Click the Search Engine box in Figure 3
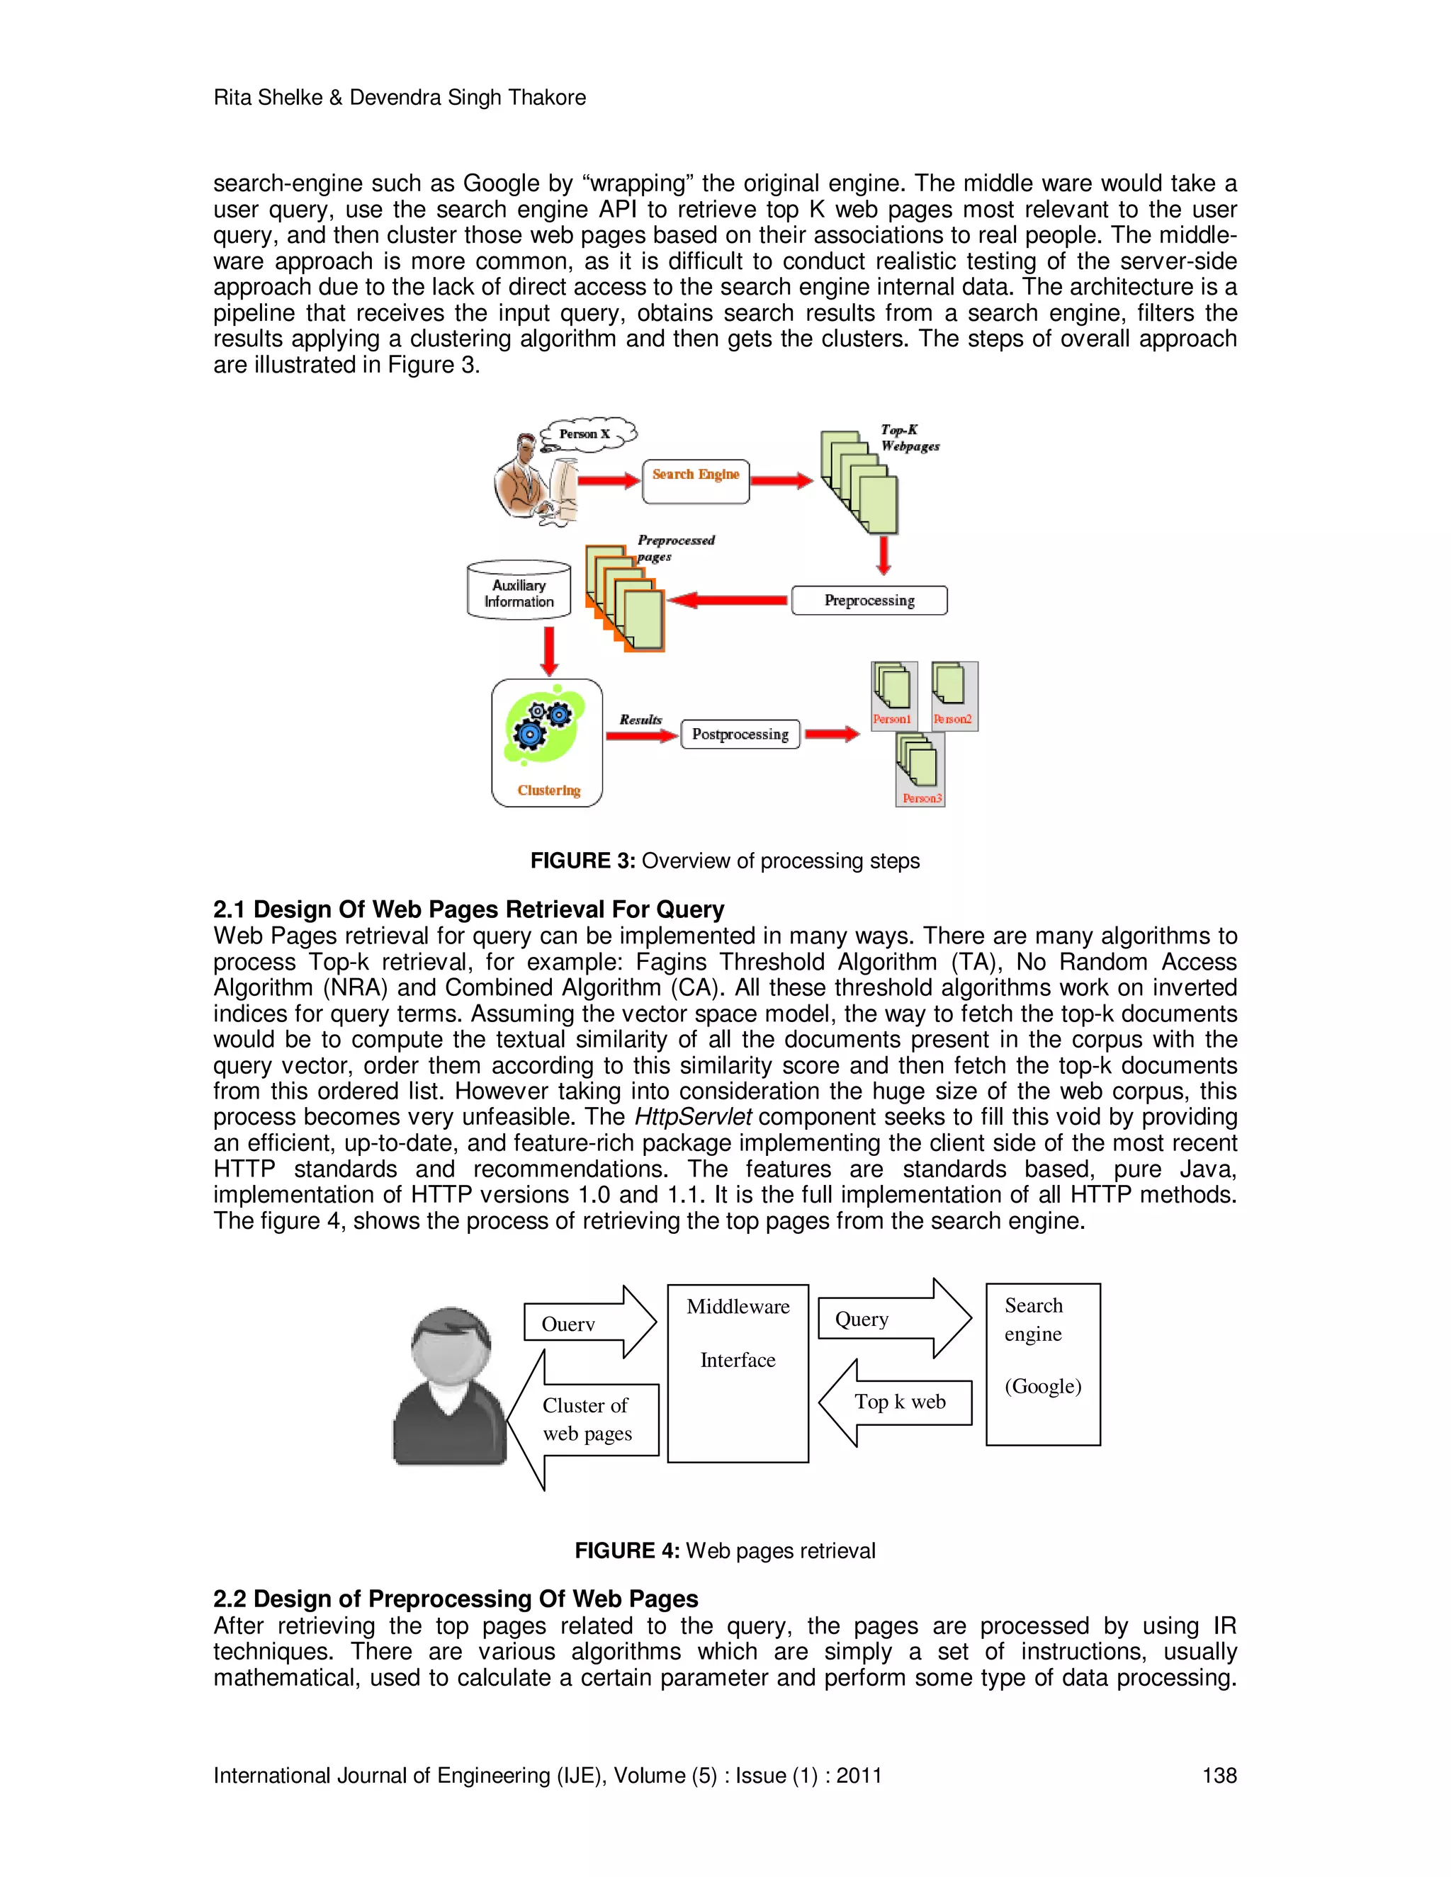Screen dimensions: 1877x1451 pyautogui.click(x=696, y=480)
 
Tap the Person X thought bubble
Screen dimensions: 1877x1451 pyautogui.click(x=587, y=433)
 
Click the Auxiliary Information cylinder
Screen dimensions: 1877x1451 pyautogui.click(x=519, y=591)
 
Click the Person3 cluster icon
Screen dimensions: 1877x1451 pyautogui.click(x=920, y=769)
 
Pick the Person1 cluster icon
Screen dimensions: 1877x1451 pyautogui.click(x=893, y=694)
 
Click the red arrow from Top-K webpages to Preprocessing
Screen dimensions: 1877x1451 pyautogui.click(x=883, y=555)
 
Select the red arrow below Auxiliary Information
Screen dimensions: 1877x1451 pyautogui.click(x=549, y=651)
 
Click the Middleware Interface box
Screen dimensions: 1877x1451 pyautogui.click(x=738, y=1373)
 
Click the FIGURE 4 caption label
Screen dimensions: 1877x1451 pyautogui.click(x=626, y=1550)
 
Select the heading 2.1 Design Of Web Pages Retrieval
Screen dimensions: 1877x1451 pyautogui.click(x=468, y=909)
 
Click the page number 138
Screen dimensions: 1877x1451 pyautogui.click(x=1218, y=1775)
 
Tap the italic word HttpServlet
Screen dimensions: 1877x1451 pyautogui.click(x=693, y=1116)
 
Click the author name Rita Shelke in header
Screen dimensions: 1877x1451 pyautogui.click(x=266, y=97)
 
